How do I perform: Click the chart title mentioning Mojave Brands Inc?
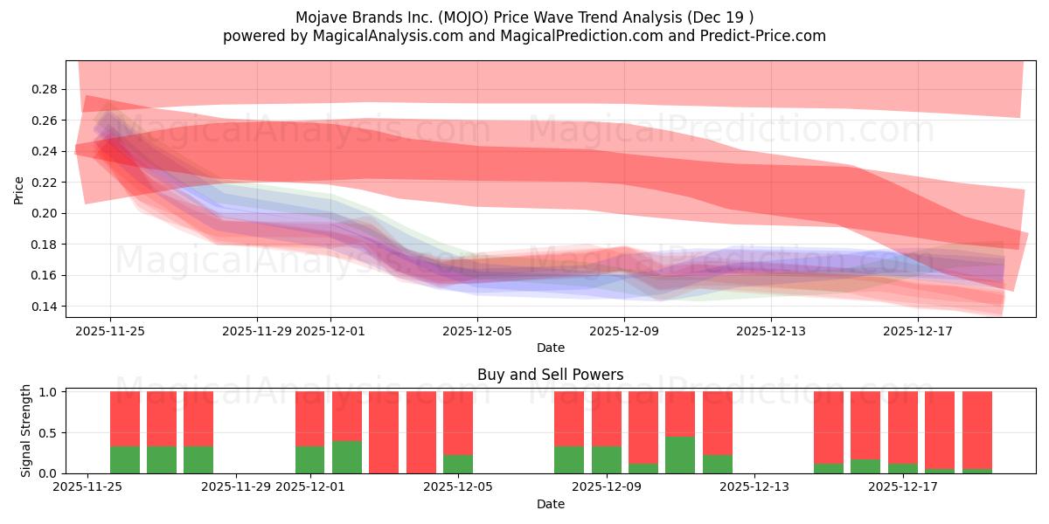(x=524, y=17)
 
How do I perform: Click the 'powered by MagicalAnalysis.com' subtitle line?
(x=524, y=36)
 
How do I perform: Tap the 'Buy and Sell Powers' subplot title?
(x=550, y=375)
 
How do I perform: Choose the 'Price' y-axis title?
(x=18, y=190)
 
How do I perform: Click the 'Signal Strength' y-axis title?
(x=26, y=431)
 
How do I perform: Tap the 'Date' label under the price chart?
(x=550, y=348)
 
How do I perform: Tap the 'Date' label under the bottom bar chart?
(x=550, y=504)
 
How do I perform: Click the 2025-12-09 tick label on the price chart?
(x=624, y=331)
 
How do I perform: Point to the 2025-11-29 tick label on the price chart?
(x=257, y=331)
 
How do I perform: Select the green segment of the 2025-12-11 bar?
(x=680, y=455)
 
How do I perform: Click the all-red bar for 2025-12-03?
(x=384, y=432)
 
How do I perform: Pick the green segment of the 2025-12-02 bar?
(x=347, y=458)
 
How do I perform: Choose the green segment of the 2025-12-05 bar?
(x=458, y=465)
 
